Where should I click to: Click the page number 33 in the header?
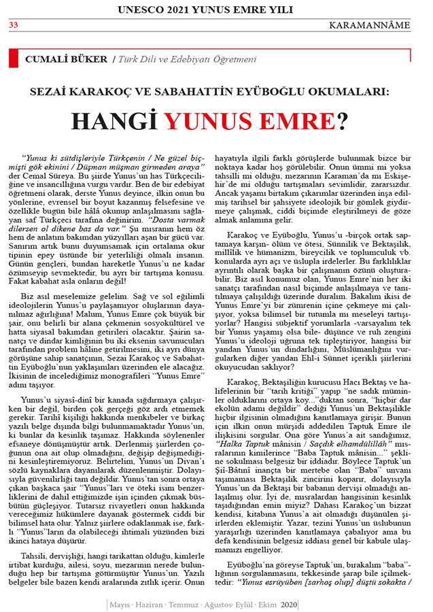13,26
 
